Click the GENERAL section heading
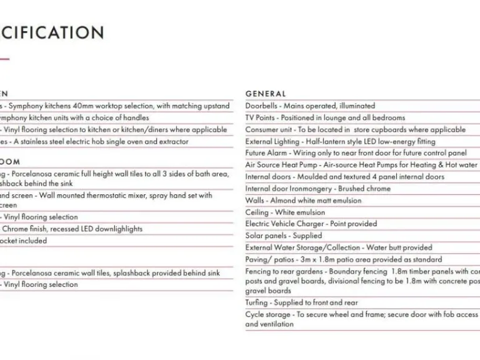[x=266, y=94]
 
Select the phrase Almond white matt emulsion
[x=316, y=201]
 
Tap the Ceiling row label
[x=257, y=212]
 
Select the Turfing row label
[x=257, y=302]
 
